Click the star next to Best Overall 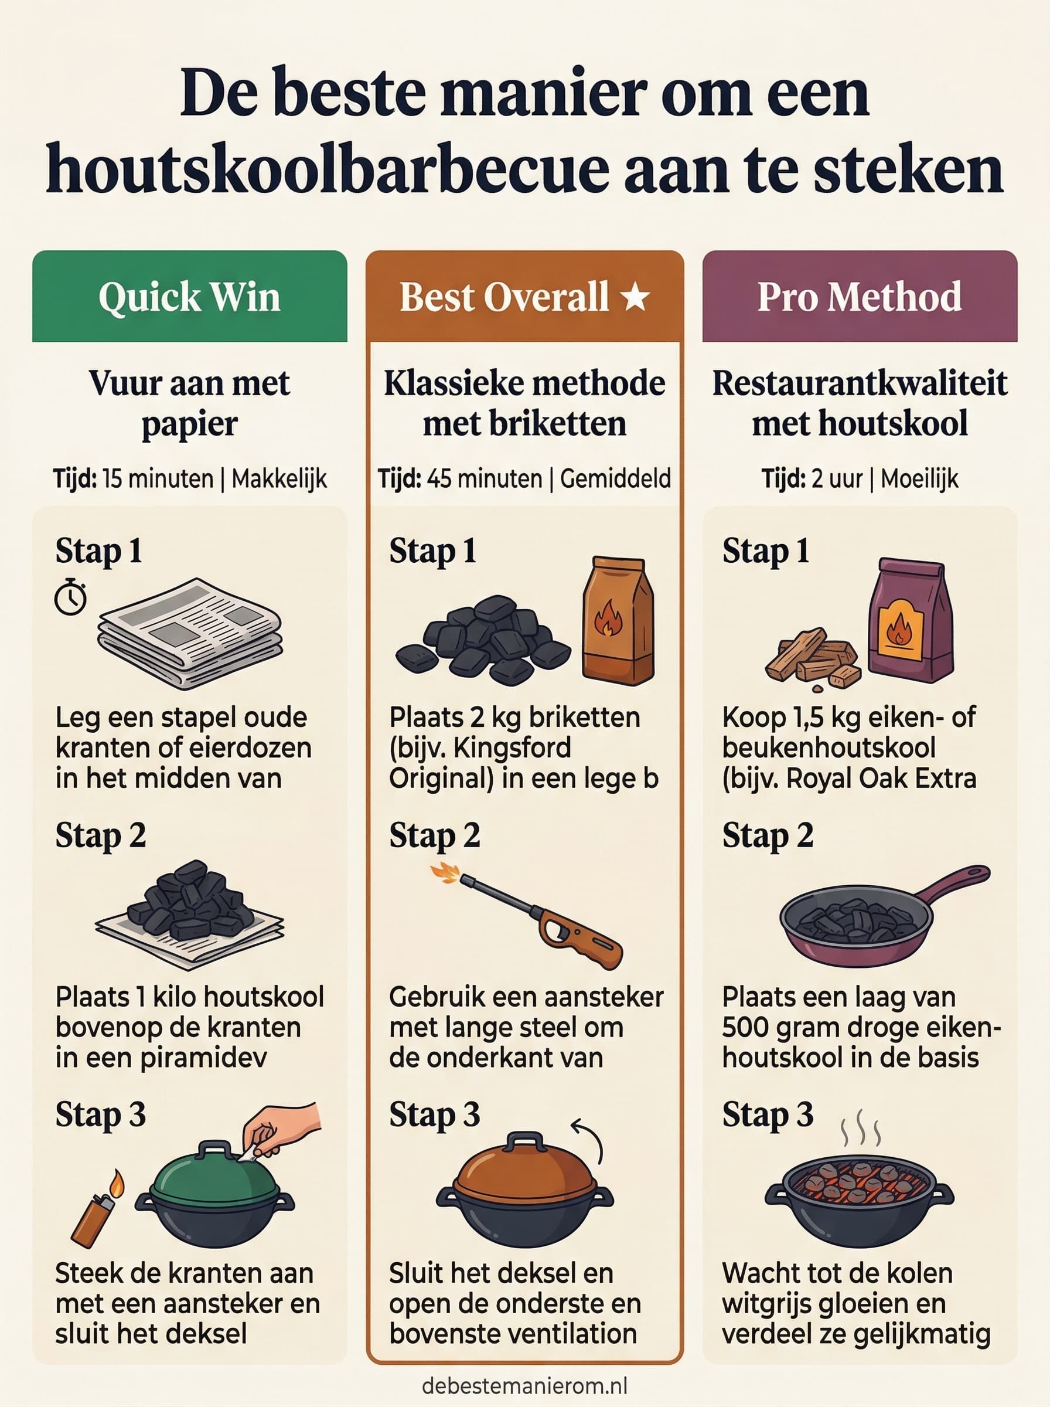click(636, 297)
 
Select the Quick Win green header click(189, 296)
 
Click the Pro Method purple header click(860, 296)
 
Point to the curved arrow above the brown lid click(588, 1138)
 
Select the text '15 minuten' click(158, 478)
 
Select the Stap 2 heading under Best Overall click(435, 835)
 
